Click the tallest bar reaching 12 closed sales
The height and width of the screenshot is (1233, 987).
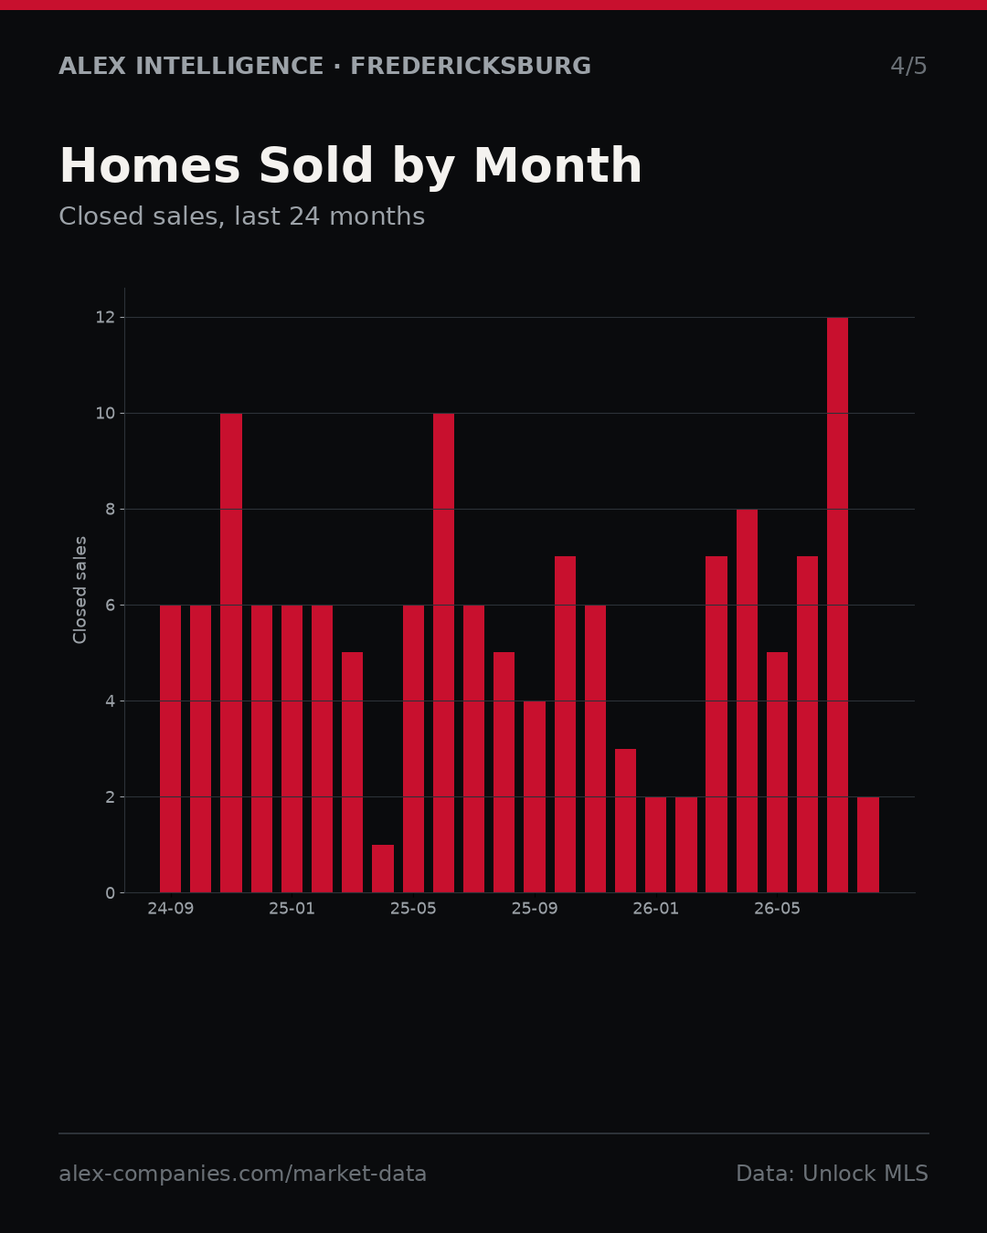837,605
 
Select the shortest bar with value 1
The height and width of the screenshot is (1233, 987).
383,869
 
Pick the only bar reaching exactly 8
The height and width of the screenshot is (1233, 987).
747,701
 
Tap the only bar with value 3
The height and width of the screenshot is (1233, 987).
625,820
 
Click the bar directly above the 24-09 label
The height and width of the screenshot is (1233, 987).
170,749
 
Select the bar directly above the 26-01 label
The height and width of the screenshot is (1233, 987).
655,845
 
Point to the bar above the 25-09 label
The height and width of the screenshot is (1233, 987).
535,796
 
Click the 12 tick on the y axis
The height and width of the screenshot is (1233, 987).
105,318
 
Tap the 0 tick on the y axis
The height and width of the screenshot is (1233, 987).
111,893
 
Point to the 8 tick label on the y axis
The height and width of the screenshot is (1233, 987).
111,510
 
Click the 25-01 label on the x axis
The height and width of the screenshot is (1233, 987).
292,909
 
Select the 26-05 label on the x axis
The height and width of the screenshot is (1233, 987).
777,909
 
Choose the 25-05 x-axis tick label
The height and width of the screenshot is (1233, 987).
413,909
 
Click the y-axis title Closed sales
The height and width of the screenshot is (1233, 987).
80,590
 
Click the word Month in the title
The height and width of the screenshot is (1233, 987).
557,165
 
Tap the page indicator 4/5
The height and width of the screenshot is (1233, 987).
908,66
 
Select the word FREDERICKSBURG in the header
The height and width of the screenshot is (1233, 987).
471,66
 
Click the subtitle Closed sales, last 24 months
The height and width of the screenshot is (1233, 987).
242,216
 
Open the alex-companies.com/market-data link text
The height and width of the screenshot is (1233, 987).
243,1174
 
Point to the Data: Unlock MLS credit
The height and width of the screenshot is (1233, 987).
833,1174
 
